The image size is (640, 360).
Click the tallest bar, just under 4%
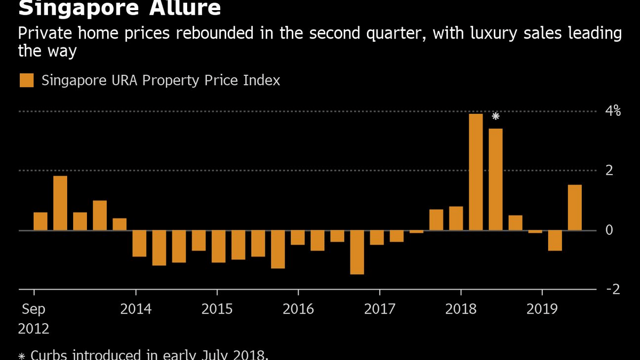pos(476,172)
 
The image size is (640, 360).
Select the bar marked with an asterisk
pos(495,179)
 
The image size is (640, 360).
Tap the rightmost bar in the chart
pos(574,207)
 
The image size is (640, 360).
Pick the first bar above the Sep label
pos(41,221)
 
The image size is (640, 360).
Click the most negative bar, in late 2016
pos(357,252)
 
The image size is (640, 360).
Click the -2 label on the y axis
pos(613,289)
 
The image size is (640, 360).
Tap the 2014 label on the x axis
pos(136,309)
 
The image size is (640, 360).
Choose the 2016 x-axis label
pos(298,309)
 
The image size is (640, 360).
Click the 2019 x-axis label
pos(542,309)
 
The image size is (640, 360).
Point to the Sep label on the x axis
pos(34,309)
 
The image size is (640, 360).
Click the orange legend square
pos(26,81)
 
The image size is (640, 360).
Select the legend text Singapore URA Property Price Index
pos(161,81)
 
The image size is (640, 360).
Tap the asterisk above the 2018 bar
pos(495,116)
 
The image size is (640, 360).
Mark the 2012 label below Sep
pos(34,329)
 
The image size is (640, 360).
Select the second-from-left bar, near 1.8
pos(60,203)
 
